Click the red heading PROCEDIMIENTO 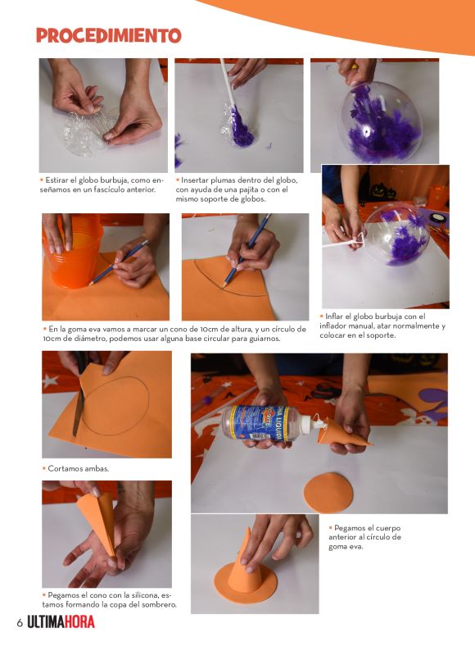click(x=109, y=35)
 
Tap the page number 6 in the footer click(x=20, y=623)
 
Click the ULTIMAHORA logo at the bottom click(x=61, y=622)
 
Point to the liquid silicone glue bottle click(x=265, y=422)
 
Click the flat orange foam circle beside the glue click(x=328, y=493)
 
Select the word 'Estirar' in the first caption click(x=57, y=180)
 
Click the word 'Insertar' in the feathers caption click(x=195, y=180)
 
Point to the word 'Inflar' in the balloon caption click(x=333, y=316)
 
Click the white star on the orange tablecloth click(x=51, y=380)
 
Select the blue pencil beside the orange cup click(x=119, y=262)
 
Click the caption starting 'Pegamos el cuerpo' click(x=365, y=537)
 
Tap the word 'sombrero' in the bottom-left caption click(x=160, y=604)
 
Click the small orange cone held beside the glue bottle click(x=343, y=434)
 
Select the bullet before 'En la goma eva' click(x=45, y=329)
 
